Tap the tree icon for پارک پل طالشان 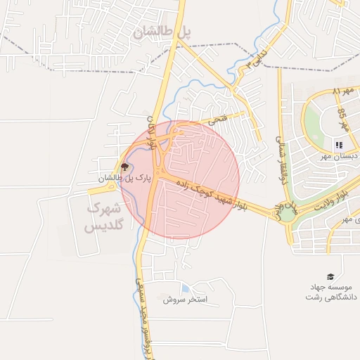(x=125, y=167)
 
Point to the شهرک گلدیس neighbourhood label (x=103, y=217)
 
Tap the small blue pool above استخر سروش (x=184, y=288)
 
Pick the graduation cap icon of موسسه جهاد (x=330, y=276)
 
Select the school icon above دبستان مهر (x=339, y=145)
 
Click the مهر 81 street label (x=345, y=91)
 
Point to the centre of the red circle (x=180, y=180)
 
